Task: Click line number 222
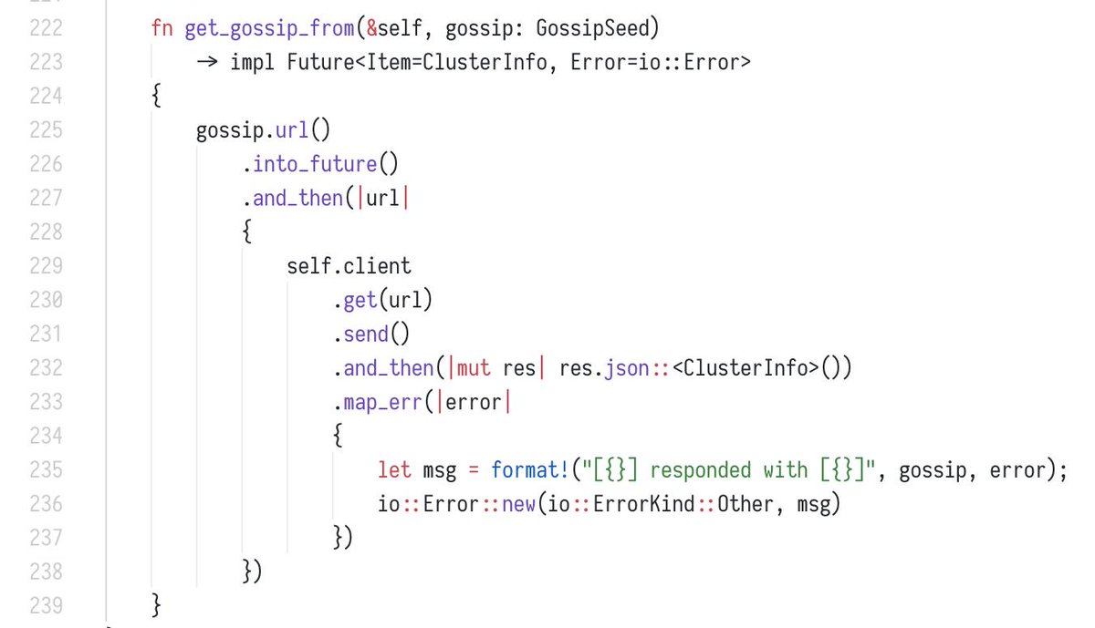tap(46, 28)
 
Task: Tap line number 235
tap(46, 470)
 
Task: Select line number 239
tap(46, 605)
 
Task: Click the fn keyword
tap(162, 28)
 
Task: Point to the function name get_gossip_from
tap(269, 28)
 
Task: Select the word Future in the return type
tap(321, 62)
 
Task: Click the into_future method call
tap(315, 164)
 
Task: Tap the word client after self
tap(377, 266)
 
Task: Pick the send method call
tap(365, 335)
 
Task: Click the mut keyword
tap(473, 368)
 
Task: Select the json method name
tap(625, 368)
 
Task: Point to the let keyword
tap(394, 470)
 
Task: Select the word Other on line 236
tap(745, 504)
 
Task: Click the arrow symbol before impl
tap(206, 62)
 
